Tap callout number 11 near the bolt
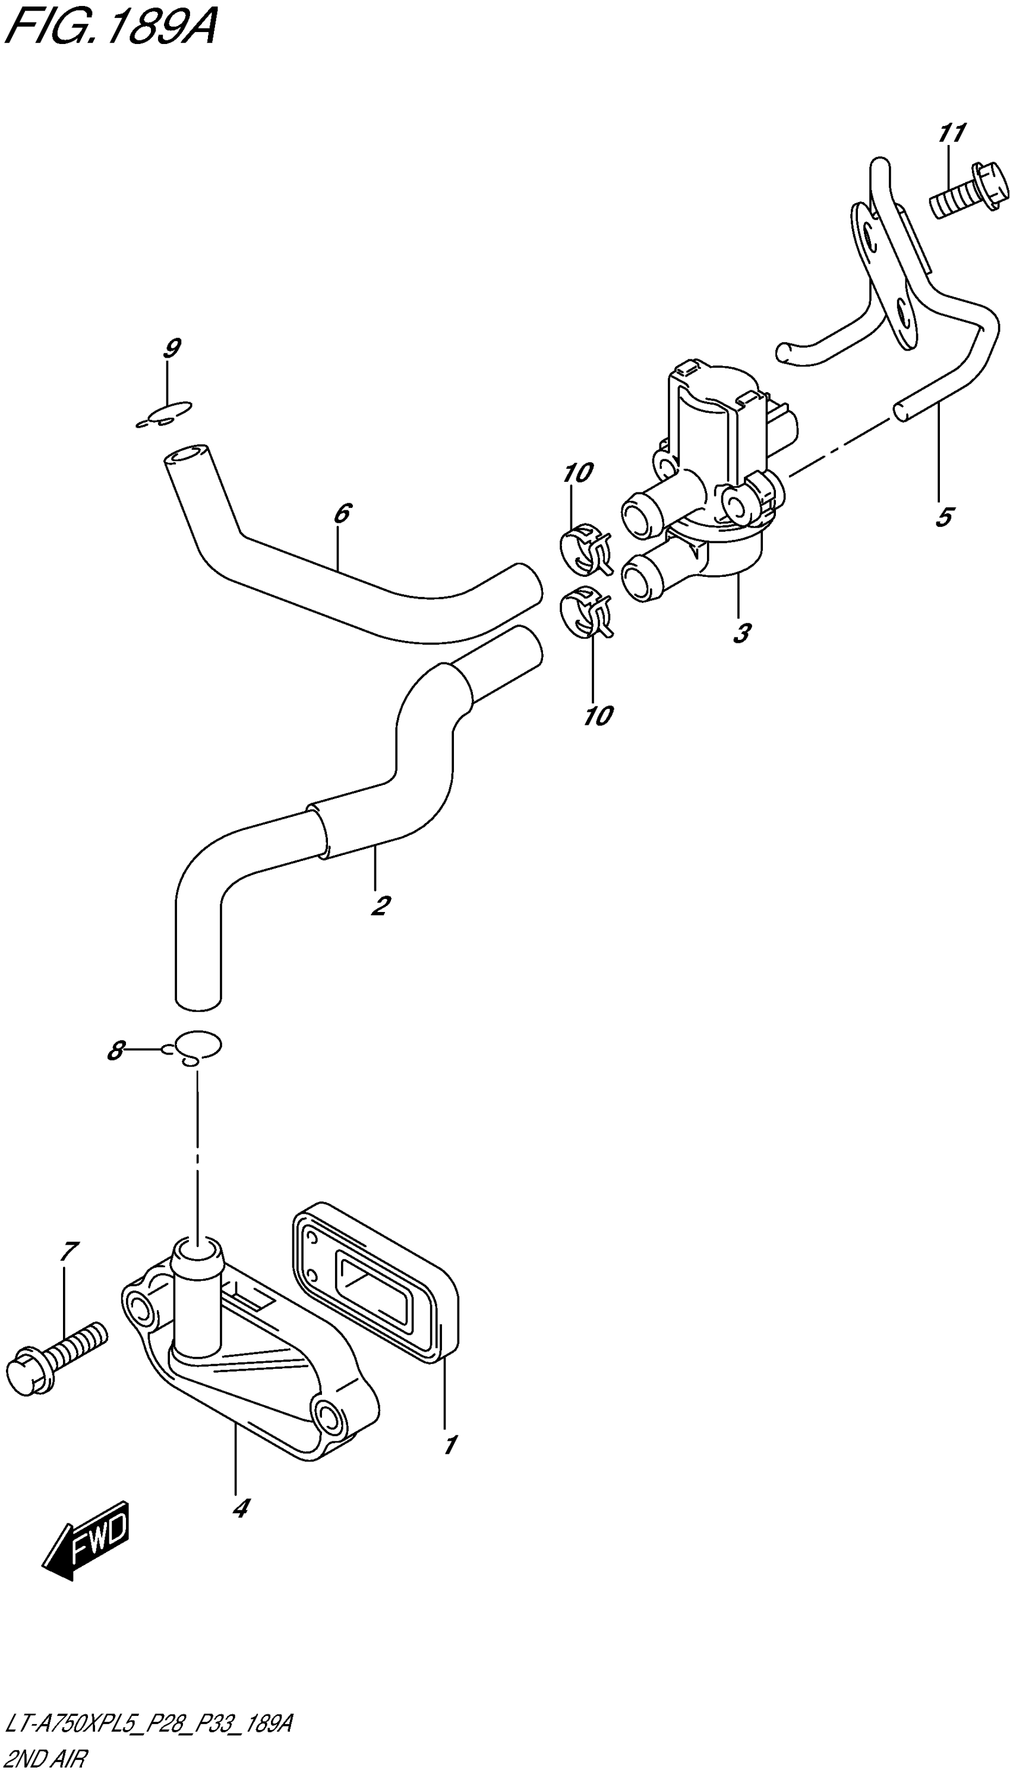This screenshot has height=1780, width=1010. (952, 132)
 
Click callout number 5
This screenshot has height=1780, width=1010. (944, 517)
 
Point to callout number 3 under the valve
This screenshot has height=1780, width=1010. (741, 633)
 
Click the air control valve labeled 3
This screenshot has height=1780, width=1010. (715, 479)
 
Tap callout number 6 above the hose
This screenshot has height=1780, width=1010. (341, 514)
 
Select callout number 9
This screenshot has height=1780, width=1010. (171, 348)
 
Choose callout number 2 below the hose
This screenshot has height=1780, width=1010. (380, 905)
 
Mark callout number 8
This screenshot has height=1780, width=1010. (115, 1052)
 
